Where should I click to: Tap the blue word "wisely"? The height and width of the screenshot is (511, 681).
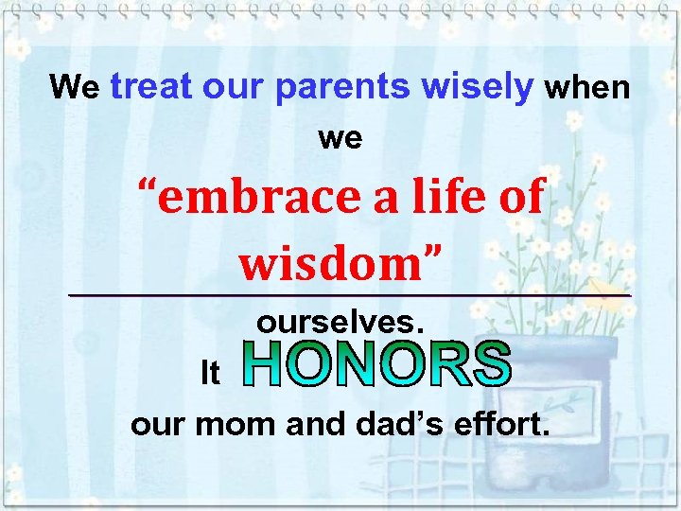[x=479, y=87]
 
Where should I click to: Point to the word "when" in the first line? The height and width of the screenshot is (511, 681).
[x=587, y=88]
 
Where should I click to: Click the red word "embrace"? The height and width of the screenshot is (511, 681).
[x=254, y=197]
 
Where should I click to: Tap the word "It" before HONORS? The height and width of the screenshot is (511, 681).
[x=210, y=374]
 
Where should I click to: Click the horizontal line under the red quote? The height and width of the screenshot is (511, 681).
[x=350, y=296]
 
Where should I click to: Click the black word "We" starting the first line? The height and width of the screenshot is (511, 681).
[x=75, y=88]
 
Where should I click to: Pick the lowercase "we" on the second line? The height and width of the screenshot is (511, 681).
[x=340, y=138]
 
